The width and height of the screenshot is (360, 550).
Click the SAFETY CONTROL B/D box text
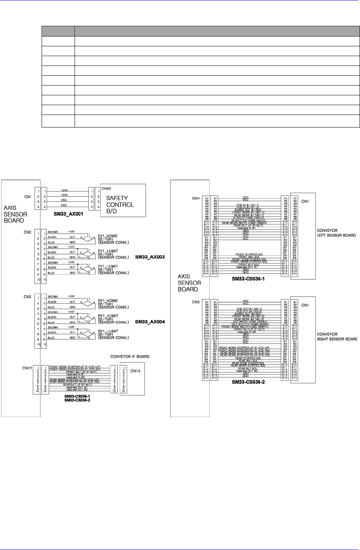click(120, 204)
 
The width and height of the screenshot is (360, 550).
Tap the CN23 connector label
click(106, 188)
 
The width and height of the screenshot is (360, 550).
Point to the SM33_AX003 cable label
click(150, 257)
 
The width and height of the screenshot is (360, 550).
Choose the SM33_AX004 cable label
click(150, 322)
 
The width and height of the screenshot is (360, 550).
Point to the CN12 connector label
click(27, 368)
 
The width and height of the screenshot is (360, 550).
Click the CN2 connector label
click(27, 232)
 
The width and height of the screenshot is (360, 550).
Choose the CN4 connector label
click(196, 199)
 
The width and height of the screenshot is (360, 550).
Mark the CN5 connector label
click(196, 302)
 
